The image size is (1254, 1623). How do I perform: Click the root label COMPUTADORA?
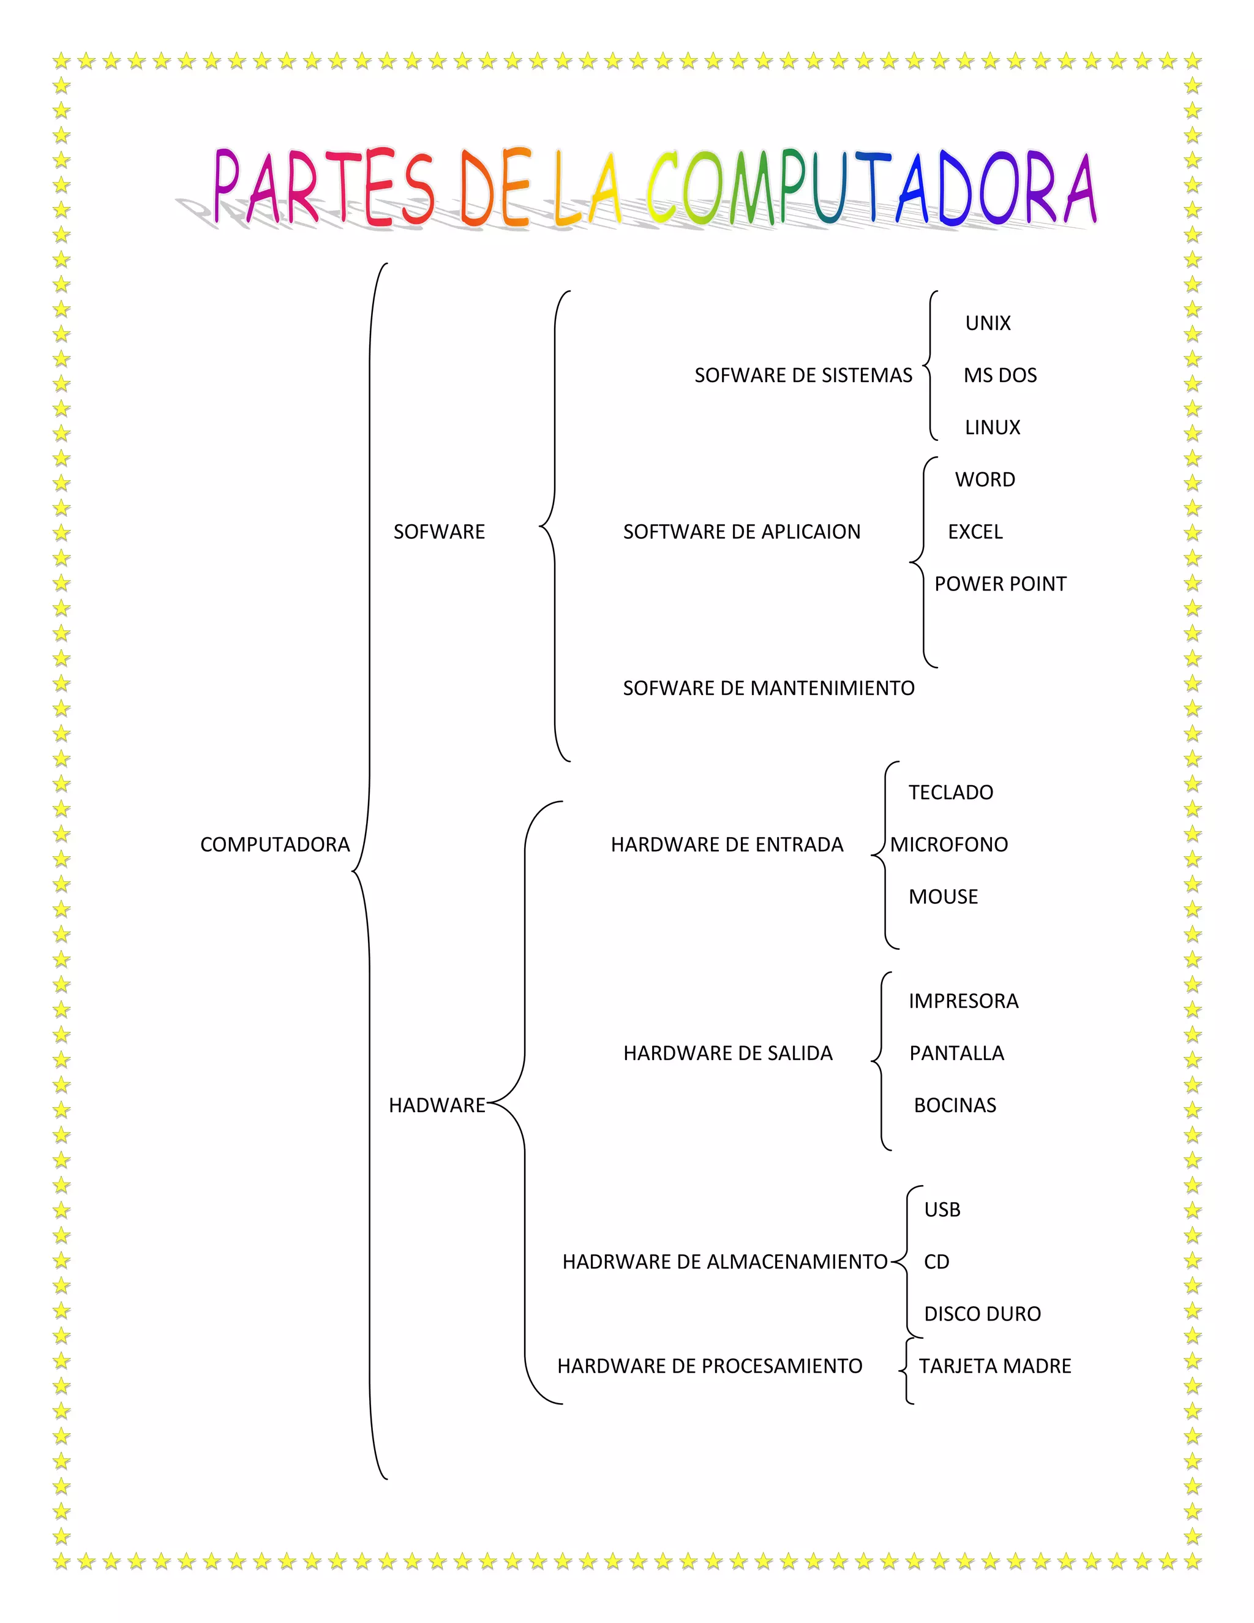pos(275,845)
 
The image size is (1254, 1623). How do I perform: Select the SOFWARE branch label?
pos(439,532)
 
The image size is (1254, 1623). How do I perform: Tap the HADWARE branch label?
pos(437,1105)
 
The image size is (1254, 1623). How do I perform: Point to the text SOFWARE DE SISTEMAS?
pos(803,376)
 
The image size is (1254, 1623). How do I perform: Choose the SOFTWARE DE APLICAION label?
pos(742,532)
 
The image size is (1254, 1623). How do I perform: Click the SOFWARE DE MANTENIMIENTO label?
pos(768,689)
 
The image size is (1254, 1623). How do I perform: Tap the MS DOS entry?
pos(1000,376)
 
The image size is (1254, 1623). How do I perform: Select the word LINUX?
pos(993,428)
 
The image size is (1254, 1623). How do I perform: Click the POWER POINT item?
pos(1000,584)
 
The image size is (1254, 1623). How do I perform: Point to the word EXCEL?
pos(975,532)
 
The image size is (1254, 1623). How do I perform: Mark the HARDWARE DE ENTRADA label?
pos(727,845)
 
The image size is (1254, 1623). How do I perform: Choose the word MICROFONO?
pos(948,845)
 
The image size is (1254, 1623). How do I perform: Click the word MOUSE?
pos(943,897)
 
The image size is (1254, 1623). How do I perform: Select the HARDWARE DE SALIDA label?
pos(727,1054)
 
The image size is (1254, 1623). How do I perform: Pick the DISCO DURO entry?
pos(982,1314)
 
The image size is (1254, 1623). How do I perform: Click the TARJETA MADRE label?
pos(995,1366)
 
